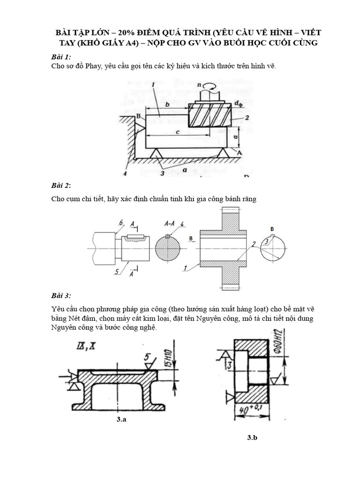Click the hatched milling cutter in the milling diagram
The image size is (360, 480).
pyautogui.click(x=210, y=115)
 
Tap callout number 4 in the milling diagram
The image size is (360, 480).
pyautogui.click(x=125, y=174)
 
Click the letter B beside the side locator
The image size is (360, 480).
pyautogui.click(x=138, y=115)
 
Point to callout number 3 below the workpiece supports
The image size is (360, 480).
pyautogui.click(x=162, y=174)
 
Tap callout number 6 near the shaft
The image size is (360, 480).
pyautogui.click(x=121, y=222)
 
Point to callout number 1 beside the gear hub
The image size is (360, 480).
pyautogui.click(x=186, y=268)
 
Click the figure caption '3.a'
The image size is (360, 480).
pyautogui.click(x=121, y=420)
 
